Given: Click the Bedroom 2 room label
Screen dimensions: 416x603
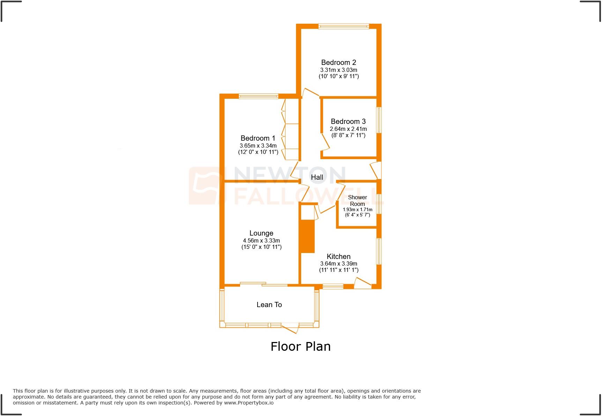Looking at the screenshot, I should click(x=338, y=62).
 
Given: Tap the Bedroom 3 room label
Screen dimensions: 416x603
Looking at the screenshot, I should click(x=348, y=121).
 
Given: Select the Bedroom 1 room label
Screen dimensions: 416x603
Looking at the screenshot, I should click(x=258, y=138).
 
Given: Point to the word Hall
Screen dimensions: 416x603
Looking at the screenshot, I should click(x=317, y=177).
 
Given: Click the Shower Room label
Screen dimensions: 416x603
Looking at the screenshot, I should click(x=357, y=200).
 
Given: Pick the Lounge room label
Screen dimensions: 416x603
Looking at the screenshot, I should click(x=261, y=233).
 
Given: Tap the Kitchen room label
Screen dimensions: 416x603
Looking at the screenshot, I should click(x=338, y=257).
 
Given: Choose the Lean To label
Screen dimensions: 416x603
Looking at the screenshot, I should click(x=269, y=305).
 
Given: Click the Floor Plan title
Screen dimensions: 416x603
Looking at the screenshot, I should click(x=300, y=347).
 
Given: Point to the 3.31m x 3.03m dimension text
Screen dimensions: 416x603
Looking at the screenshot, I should click(x=338, y=70).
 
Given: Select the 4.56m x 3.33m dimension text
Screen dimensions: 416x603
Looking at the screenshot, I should click(x=261, y=240).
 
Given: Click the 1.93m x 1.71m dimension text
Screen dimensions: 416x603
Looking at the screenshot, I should click(x=357, y=210).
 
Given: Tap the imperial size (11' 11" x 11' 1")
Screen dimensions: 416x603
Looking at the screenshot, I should click(x=338, y=270).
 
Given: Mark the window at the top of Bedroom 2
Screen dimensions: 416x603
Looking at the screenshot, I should click(x=343, y=26).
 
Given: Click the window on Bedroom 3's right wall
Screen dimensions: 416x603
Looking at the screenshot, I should click(x=379, y=120).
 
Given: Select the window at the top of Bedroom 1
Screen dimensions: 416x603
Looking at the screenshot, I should click(x=258, y=96).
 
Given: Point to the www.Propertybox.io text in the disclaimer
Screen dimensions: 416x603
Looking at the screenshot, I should click(x=248, y=403).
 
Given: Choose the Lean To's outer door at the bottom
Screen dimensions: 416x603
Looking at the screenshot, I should click(x=290, y=328).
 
